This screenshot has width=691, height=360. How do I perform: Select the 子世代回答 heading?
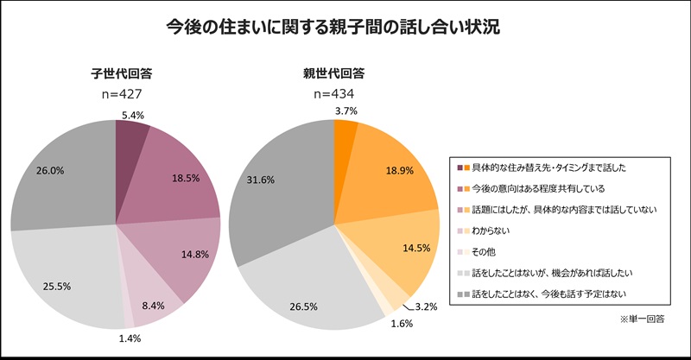pos(116,73)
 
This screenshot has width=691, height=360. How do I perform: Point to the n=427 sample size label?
pos(116,93)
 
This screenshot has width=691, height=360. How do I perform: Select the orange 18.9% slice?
pos(389,173)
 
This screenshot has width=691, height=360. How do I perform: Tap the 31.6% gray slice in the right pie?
pos(276,181)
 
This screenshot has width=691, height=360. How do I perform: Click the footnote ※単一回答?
pos(641,319)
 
